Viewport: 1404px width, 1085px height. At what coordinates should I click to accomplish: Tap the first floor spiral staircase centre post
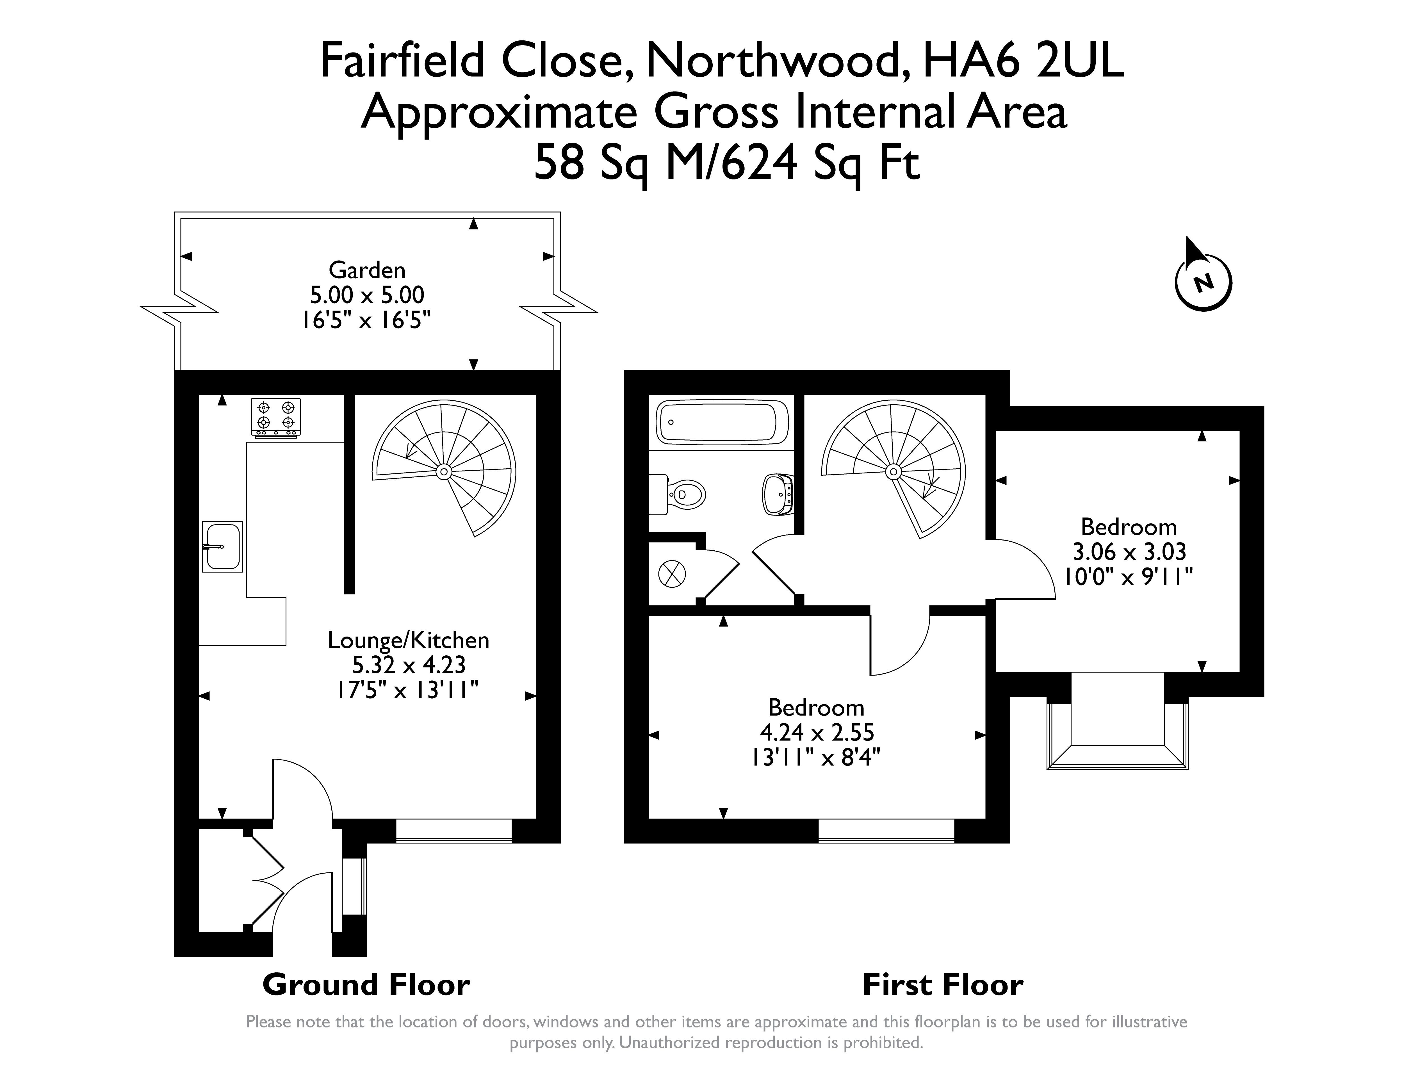click(893, 472)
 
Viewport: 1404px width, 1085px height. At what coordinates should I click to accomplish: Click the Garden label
click(367, 270)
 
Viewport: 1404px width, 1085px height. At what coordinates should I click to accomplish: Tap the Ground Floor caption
click(366, 985)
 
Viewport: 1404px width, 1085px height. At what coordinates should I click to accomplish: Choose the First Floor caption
click(942, 985)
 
